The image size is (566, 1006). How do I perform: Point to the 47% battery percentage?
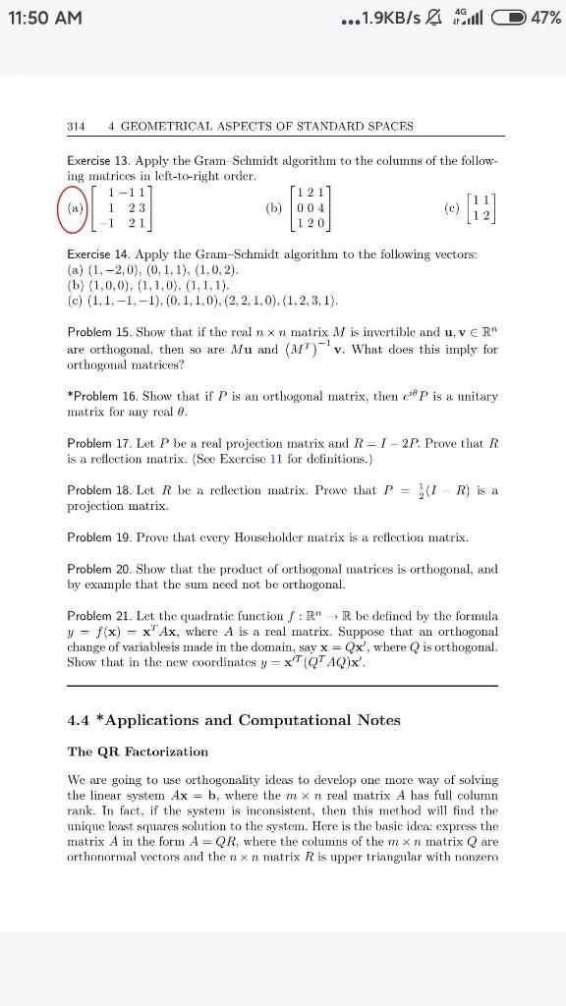pos(543,18)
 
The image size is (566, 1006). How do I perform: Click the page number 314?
pos(76,126)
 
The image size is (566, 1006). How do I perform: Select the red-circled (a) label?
pos(76,209)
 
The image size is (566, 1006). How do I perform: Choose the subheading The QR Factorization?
pos(138,752)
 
